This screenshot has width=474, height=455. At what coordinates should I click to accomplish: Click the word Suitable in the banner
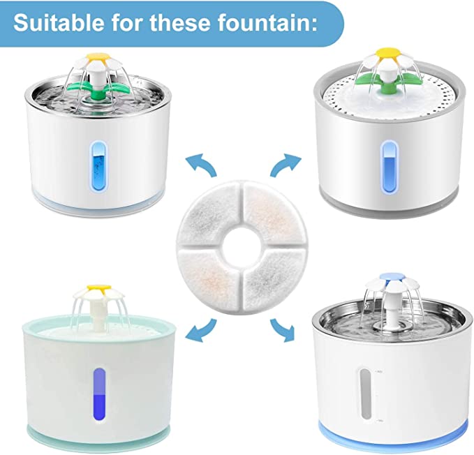59,22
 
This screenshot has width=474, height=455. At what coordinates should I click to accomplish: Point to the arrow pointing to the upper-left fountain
202,163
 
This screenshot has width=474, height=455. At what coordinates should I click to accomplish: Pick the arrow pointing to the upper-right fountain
286,164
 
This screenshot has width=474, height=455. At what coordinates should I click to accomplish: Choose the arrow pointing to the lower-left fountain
201,330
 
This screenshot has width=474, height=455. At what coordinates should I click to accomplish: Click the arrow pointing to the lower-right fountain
283,329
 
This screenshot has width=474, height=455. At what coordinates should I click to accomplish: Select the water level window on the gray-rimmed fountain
389,167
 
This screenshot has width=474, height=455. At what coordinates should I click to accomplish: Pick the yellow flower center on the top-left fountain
98,57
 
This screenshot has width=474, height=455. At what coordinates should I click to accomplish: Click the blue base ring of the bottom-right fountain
393,439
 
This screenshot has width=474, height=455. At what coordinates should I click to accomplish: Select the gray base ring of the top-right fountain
390,208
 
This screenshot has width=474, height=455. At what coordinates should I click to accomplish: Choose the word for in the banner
126,22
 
